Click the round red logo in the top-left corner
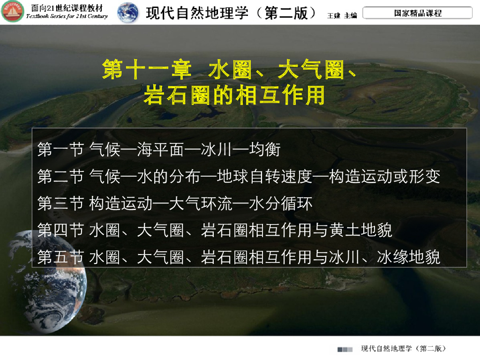13,12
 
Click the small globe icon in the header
127,13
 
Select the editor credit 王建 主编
342,15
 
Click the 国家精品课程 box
418,13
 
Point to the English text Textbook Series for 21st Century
67,16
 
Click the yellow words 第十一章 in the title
147,70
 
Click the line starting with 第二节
239,177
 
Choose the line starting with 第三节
175,203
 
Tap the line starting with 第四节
215,230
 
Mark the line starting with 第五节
239,257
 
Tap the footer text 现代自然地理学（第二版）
403,349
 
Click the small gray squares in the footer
345,349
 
